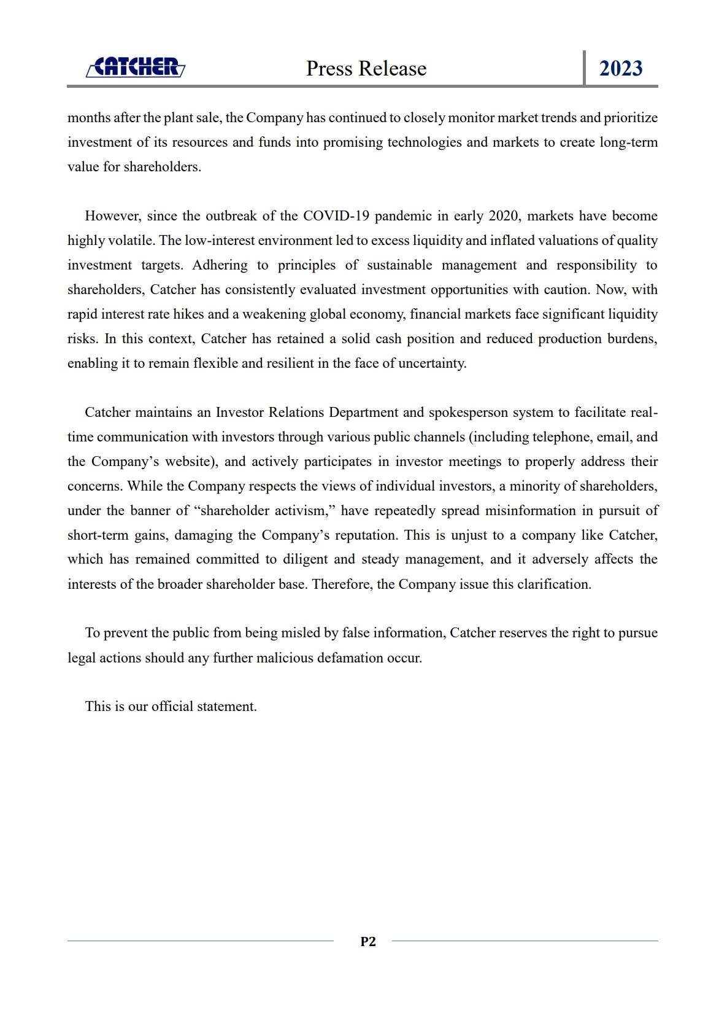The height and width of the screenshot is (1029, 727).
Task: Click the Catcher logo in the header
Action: tap(136, 67)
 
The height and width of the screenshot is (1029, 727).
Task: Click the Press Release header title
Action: tap(366, 68)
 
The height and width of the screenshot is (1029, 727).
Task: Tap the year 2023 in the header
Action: tap(621, 68)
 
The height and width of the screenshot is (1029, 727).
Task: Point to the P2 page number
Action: tap(368, 941)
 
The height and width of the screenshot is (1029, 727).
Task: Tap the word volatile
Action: tap(133, 241)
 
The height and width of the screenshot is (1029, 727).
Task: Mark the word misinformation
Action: tap(529, 511)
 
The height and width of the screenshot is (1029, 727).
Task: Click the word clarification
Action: tap(554, 584)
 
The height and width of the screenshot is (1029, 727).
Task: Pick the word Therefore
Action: tap(342, 584)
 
